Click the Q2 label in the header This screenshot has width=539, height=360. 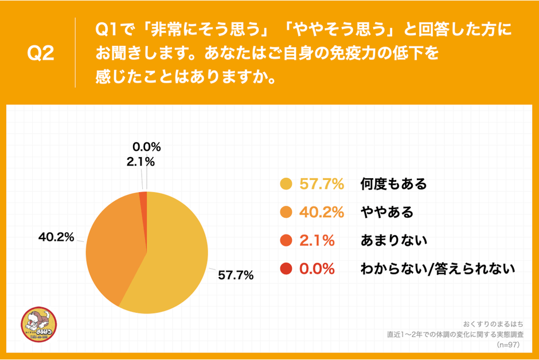click(x=41, y=53)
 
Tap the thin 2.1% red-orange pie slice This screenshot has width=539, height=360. click(x=144, y=198)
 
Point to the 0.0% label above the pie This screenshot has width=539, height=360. click(x=147, y=147)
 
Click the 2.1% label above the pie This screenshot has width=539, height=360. click(x=140, y=162)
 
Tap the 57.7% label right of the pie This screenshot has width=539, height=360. click(x=236, y=276)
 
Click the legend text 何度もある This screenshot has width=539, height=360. click(x=393, y=184)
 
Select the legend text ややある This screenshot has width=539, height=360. click(x=386, y=212)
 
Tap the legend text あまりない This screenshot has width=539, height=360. click(x=393, y=240)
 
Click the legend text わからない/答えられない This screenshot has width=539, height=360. click(x=438, y=268)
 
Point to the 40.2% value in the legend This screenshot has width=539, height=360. click(x=322, y=212)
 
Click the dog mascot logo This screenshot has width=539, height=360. click(x=39, y=327)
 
